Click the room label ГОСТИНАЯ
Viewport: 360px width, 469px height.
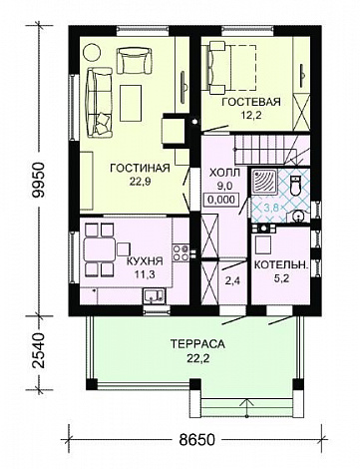pos(140,168)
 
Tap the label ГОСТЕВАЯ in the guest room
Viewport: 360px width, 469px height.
pos(251,102)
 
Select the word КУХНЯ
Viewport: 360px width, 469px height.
pos(145,261)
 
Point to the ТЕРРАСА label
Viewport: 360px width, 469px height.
pos(197,344)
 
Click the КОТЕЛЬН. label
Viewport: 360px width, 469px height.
pos(281,265)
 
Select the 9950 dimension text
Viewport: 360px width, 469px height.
pos(39,180)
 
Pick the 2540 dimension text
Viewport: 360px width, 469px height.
pos(39,349)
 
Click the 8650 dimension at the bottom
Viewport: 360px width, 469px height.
pos(197,440)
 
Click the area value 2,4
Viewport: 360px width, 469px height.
pos(232,281)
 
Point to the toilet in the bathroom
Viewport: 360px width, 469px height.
pos(295,186)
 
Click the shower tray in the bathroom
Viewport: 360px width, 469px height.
pos(264,182)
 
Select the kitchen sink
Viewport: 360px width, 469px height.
pos(154,295)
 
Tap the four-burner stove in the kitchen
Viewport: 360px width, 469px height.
pos(181,252)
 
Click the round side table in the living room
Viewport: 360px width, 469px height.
pos(92,53)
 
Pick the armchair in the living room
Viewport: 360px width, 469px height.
pos(134,61)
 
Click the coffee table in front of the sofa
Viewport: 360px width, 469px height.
pos(132,103)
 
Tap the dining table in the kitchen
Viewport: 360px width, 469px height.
pos(100,249)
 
